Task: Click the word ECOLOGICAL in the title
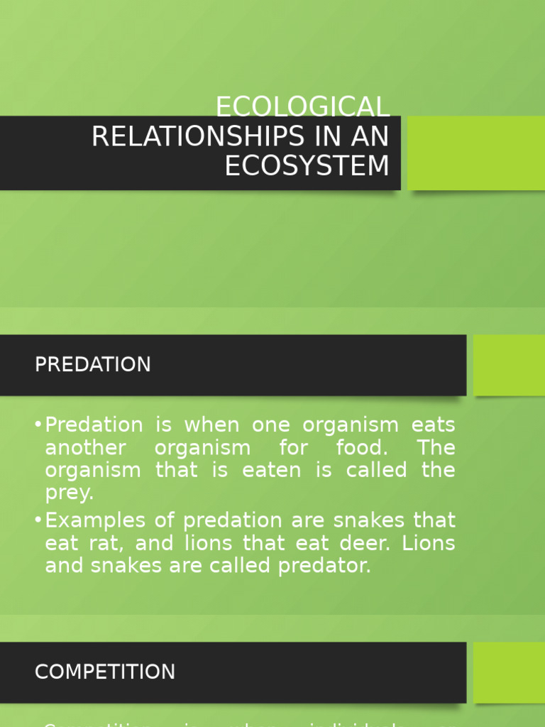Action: click(x=302, y=107)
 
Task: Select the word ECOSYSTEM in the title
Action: click(x=307, y=165)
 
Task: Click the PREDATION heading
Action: click(x=92, y=364)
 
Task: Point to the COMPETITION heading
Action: click(x=104, y=672)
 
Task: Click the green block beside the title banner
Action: click(x=476, y=153)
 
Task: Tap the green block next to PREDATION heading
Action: click(x=509, y=365)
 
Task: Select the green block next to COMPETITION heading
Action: click(x=509, y=672)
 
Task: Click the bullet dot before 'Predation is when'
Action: click(x=38, y=425)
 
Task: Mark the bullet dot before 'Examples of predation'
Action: click(x=38, y=520)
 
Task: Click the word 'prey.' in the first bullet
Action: click(x=69, y=493)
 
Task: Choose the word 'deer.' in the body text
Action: click(x=360, y=543)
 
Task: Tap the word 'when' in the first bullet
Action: click(x=211, y=425)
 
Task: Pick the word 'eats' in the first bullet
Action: click(x=433, y=425)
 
